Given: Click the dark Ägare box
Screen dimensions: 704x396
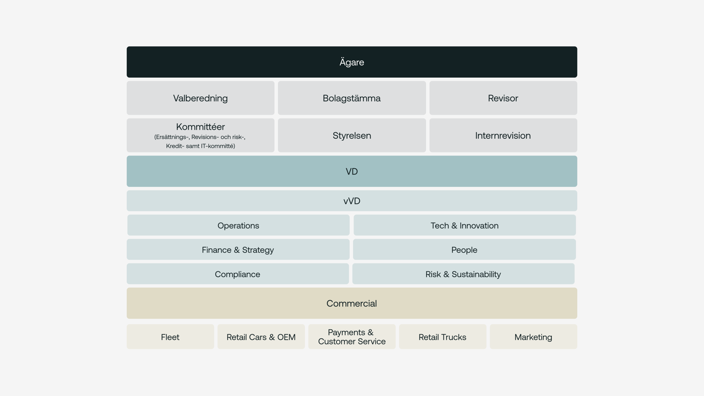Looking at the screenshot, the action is (352, 62).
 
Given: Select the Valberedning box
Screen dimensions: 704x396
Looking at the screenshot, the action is (200, 98).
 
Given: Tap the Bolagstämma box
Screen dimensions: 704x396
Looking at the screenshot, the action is (352, 98).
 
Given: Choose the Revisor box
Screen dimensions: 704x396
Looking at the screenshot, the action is (503, 98).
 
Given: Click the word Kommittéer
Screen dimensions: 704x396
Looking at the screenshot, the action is (200, 127).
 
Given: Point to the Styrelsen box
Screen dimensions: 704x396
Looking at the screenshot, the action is (352, 135).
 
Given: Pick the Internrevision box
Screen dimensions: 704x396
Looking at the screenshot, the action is (503, 135).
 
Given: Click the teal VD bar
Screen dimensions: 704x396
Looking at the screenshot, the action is (352, 171).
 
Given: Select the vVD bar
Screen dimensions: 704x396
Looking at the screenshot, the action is (352, 201).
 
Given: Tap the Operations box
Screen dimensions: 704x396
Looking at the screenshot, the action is (238, 225).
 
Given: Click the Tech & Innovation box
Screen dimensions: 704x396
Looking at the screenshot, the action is (464, 225).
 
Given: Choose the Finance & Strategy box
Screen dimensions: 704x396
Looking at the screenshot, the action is (238, 249).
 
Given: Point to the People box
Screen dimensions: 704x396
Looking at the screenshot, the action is (464, 249).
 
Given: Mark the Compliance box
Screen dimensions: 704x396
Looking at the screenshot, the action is (238, 274).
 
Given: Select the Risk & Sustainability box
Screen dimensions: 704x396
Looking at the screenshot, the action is (463, 274).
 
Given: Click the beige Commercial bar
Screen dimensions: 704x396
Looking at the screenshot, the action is (352, 303).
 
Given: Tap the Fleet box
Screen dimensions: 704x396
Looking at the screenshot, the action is (170, 337).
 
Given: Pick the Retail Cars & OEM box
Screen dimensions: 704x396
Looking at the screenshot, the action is (261, 337).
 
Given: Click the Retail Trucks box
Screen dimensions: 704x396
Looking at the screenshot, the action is (442, 337).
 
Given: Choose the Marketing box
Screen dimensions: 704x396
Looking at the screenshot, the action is (533, 337).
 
